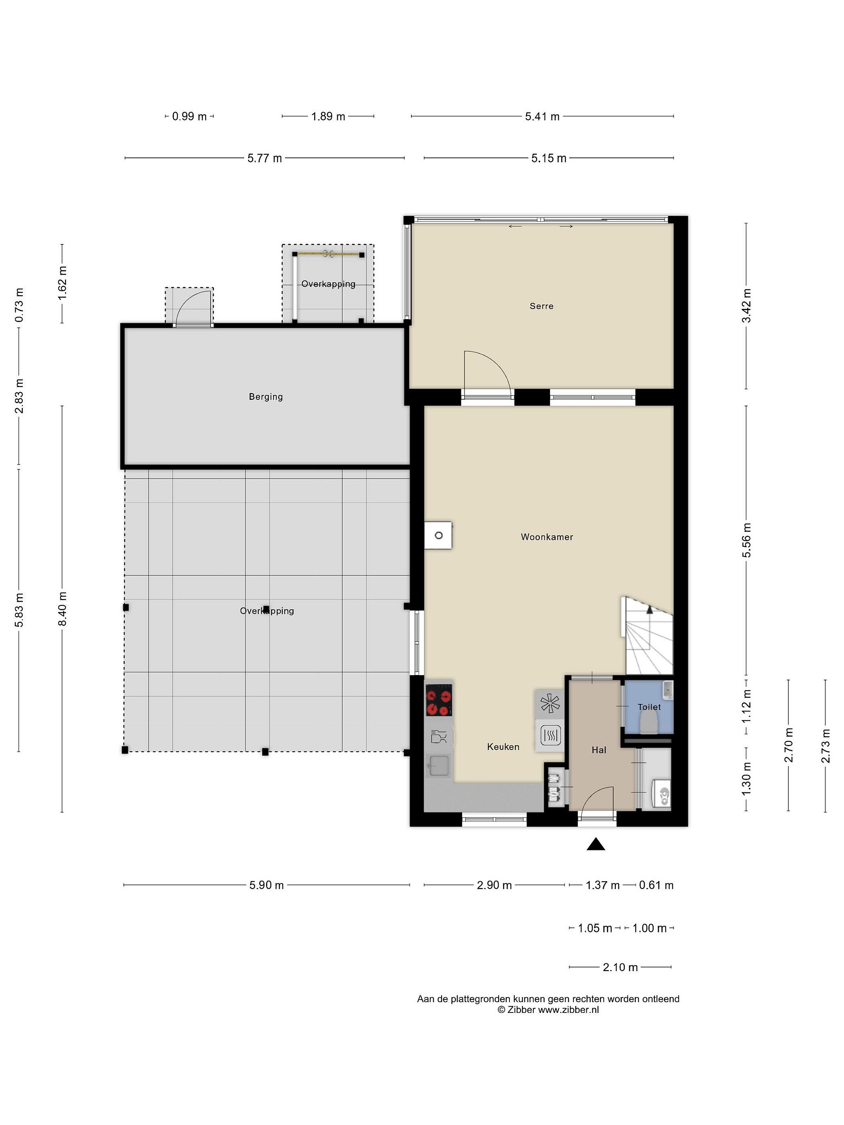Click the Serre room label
pos(541,306)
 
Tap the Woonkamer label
pos(547,537)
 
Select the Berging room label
pos(266,397)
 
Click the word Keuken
pos(503,746)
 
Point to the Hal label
pos(599,750)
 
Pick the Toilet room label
pos(649,707)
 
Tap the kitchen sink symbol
pos(438,765)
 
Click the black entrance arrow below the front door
pos(596,845)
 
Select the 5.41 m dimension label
pos(542,116)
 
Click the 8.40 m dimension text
pos(62,609)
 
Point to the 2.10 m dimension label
pos(620,967)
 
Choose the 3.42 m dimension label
pos(746,305)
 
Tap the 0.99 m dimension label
pos(189,116)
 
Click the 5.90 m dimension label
pos(266,885)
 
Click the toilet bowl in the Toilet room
pos(648,722)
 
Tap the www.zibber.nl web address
pos(568,1009)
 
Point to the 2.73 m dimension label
pos(826,746)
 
